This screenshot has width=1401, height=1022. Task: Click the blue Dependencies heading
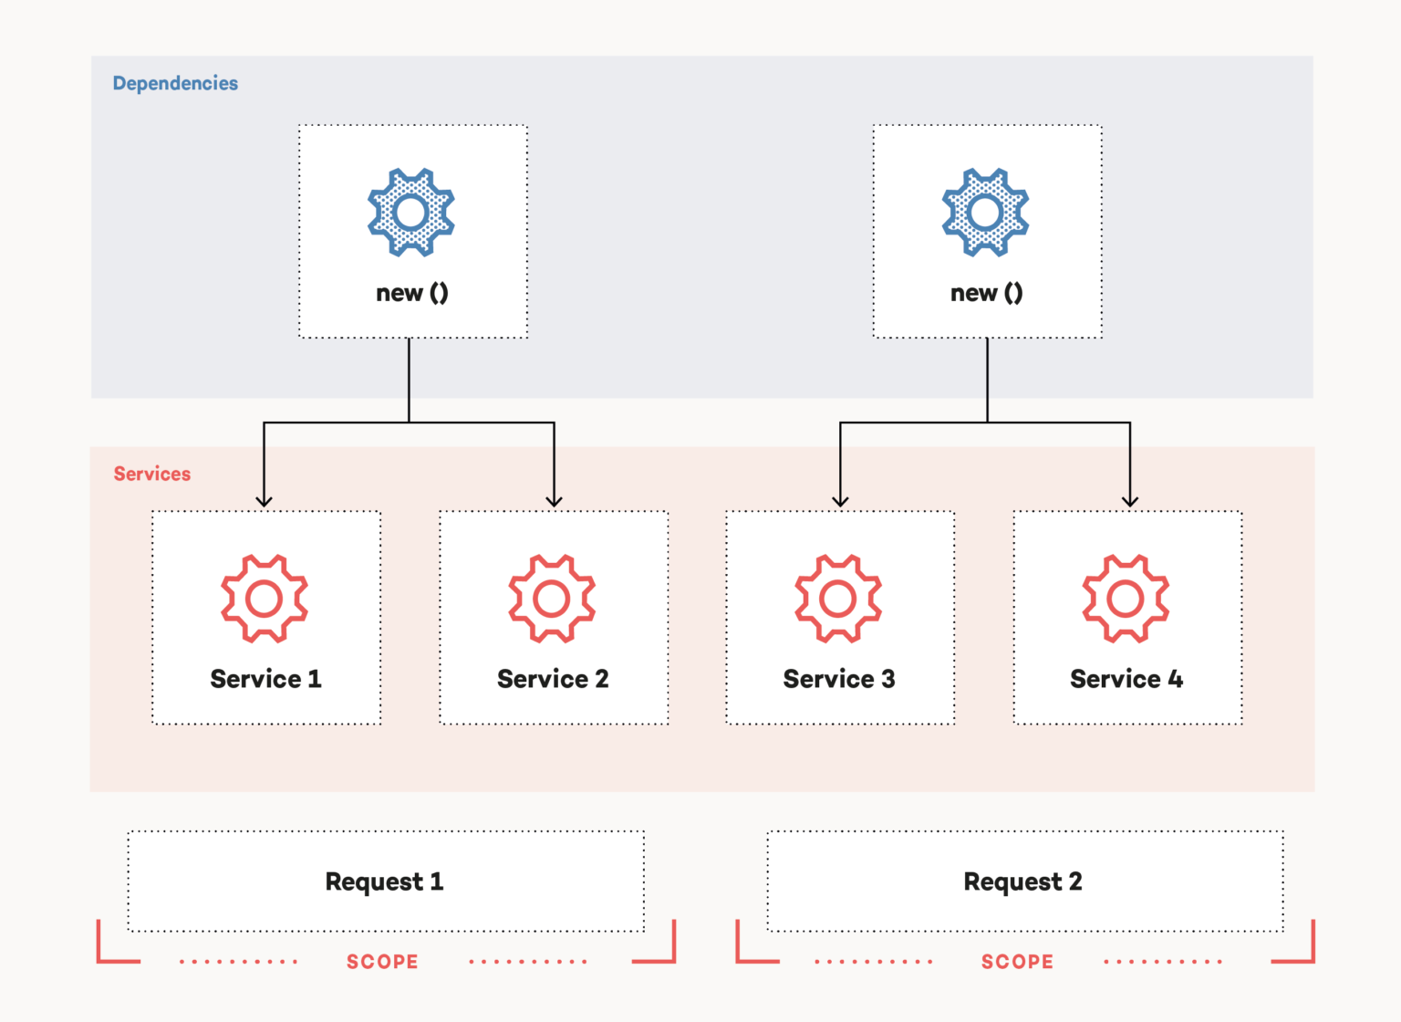175,83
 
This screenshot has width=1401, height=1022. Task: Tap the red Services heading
152,474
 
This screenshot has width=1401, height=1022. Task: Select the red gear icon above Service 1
265,599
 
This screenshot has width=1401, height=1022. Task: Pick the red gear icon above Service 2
552,599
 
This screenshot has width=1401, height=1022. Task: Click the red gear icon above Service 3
838,599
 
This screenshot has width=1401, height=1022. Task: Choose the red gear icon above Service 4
1126,599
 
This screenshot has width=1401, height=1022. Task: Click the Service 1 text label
265,679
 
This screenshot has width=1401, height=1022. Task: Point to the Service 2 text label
553,679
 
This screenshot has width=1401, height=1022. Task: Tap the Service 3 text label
839,679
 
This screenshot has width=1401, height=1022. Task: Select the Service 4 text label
1126,679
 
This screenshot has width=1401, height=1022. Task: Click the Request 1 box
385,881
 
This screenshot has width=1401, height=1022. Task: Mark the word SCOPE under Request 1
382,962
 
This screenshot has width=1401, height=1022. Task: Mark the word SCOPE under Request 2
1017,962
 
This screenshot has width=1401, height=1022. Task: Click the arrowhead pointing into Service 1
264,500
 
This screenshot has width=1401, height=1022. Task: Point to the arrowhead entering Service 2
554,500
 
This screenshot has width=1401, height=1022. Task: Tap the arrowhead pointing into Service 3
840,500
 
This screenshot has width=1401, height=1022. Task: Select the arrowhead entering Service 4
1130,500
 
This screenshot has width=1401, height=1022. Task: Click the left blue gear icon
411,213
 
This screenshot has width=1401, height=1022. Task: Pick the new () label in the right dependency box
987,293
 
